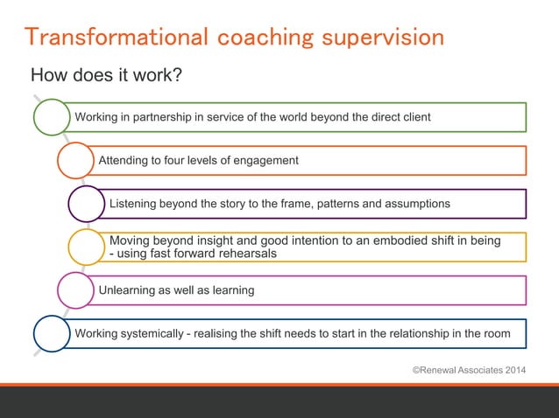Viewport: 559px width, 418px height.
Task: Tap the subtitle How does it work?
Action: point(106,75)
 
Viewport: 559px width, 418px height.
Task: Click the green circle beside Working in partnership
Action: point(52,117)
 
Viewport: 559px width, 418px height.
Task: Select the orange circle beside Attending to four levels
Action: point(76,160)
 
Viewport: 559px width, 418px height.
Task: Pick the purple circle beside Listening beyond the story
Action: point(87,204)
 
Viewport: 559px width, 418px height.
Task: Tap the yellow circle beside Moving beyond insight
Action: point(87,247)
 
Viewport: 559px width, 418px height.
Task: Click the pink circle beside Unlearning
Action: point(75,289)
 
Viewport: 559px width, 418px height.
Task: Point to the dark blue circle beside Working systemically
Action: point(52,333)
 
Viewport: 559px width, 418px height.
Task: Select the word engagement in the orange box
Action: point(266,160)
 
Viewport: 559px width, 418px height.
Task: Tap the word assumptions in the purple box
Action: point(415,204)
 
